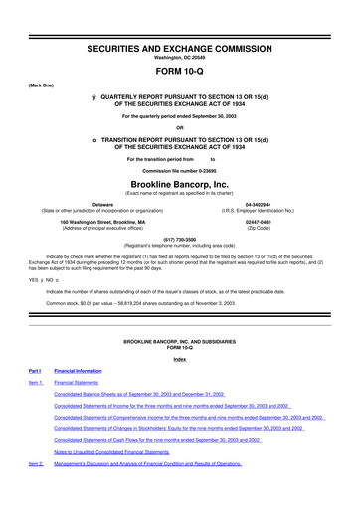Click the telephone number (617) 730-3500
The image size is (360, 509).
[x=179, y=239]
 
